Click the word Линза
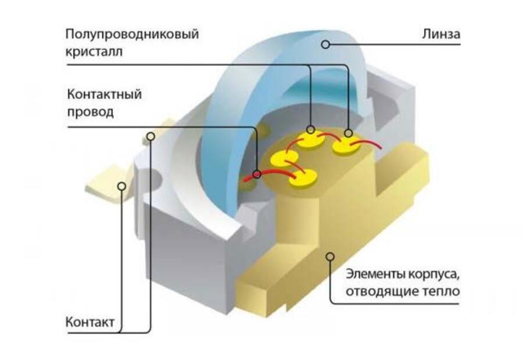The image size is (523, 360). (440, 35)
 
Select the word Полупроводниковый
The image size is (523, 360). (132, 34)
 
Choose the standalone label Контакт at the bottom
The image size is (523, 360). (89, 322)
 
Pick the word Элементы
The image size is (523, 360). (372, 273)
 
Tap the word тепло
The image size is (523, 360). (439, 291)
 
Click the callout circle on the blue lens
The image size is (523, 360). (326, 44)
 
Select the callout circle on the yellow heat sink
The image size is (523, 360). (330, 255)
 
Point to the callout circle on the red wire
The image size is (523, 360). (256, 173)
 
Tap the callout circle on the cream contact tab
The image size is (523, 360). (121, 186)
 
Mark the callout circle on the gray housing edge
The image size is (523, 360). (151, 137)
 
